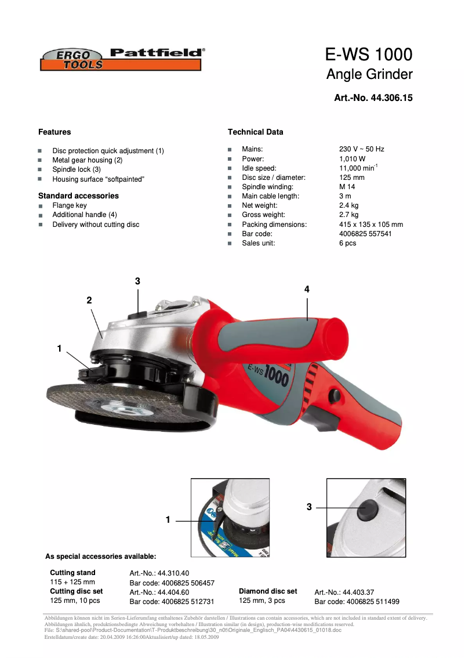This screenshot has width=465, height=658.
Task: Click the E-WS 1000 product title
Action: coord(369,55)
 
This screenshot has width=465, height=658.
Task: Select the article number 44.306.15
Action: coord(373,98)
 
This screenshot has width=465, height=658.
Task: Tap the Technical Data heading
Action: coord(255,132)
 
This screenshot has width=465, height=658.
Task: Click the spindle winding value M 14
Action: coord(347,187)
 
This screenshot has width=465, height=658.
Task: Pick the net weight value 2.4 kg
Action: coord(348,205)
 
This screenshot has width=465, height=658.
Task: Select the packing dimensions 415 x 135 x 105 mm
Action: coord(370,225)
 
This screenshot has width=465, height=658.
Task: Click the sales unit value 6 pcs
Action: coord(347,243)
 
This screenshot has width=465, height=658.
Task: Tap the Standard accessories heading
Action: coord(78,196)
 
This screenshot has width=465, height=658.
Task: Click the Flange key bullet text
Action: coord(70,205)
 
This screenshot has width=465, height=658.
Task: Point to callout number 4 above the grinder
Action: coord(307,289)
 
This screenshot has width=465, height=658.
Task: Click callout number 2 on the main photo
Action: coord(89,300)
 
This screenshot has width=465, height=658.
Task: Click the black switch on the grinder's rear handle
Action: coord(334,396)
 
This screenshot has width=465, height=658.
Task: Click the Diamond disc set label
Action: coord(268,591)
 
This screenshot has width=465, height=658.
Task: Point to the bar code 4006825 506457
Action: coord(172,583)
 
